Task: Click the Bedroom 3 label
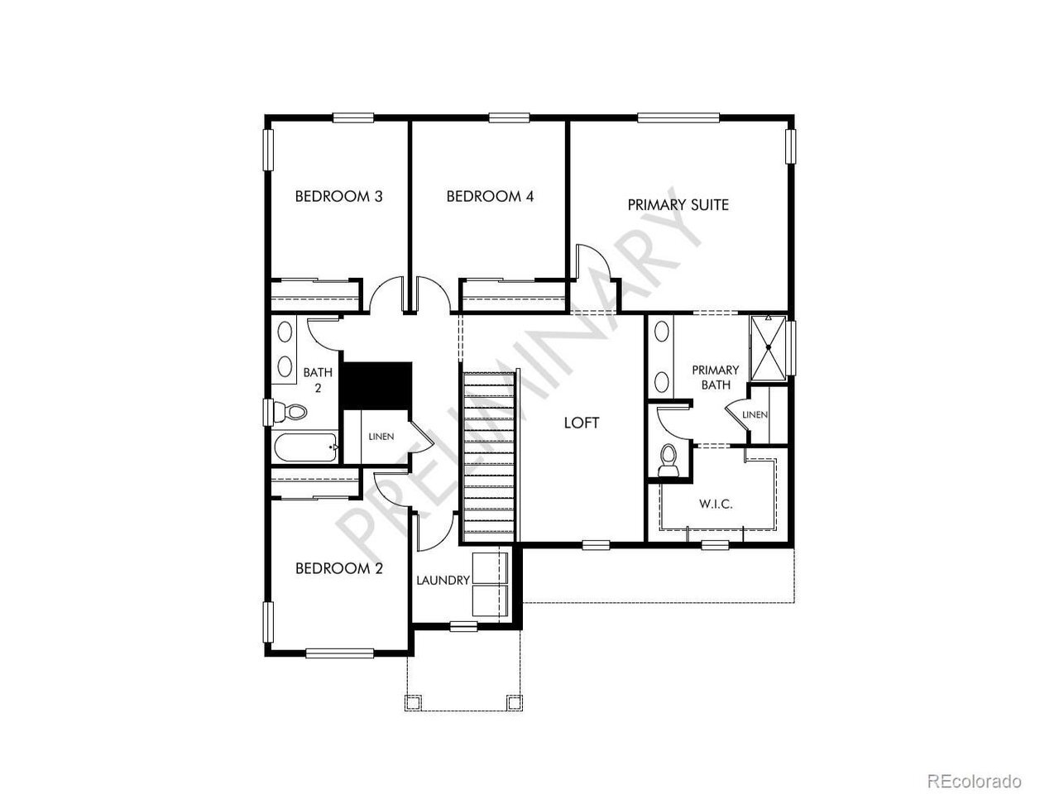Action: point(338,196)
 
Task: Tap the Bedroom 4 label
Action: point(490,196)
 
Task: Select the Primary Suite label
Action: point(678,205)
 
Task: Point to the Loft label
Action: point(582,423)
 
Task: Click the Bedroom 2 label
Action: point(338,568)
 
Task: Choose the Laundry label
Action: point(443,581)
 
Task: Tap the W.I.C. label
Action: point(716,505)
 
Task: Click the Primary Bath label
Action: point(716,377)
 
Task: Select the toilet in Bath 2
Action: point(290,412)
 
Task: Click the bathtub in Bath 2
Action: point(306,447)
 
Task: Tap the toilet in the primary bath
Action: point(668,461)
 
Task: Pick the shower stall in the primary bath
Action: point(769,347)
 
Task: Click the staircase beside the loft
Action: point(489,457)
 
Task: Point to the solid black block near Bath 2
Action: point(376,385)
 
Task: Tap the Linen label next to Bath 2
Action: point(381,437)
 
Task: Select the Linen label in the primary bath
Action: point(755,414)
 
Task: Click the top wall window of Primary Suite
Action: point(678,117)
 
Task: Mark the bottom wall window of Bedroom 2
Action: point(340,653)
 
